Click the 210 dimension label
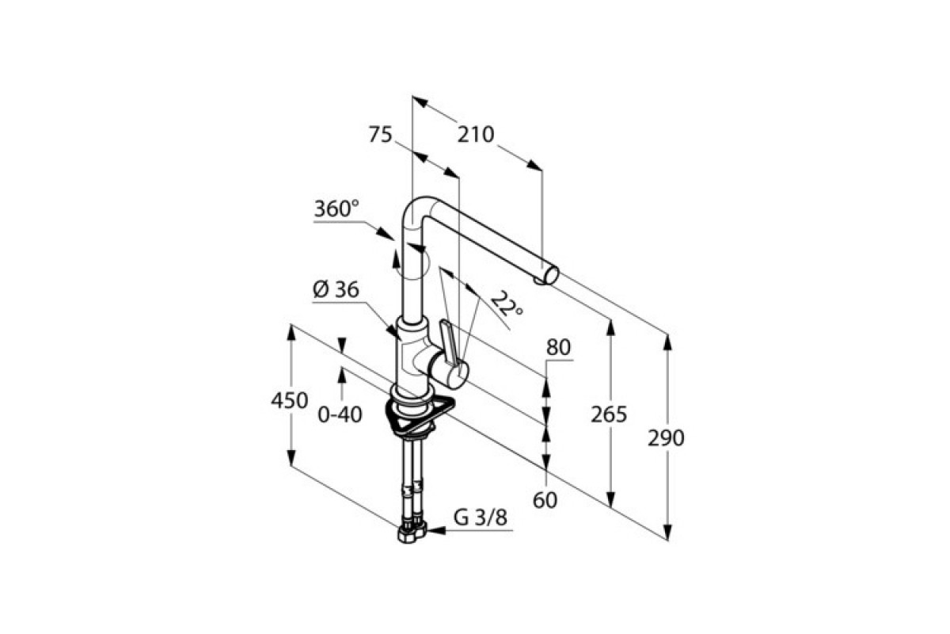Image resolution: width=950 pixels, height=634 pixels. point(476,135)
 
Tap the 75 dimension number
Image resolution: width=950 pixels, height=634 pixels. point(380,135)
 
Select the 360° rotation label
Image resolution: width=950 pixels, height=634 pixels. point(336,209)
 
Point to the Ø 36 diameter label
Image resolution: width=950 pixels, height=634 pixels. point(336,290)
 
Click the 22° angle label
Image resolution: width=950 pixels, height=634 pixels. point(507,304)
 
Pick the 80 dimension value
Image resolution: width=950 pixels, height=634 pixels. point(558,347)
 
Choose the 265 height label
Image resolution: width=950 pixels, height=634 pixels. point(609,414)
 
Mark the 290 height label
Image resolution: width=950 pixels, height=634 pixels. point(666,438)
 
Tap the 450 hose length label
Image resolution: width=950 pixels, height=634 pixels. point(290,401)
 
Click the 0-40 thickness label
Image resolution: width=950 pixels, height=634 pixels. point(340,415)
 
